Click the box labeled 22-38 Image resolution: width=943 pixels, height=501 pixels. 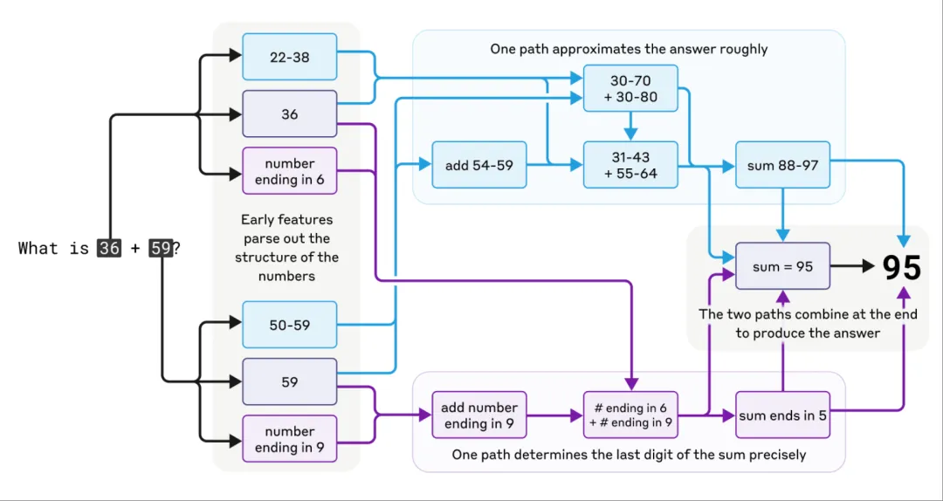pyautogui.click(x=289, y=57)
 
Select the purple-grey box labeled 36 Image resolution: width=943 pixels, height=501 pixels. pyautogui.click(x=289, y=114)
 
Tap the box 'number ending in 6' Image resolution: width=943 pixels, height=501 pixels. pyautogui.click(x=289, y=171)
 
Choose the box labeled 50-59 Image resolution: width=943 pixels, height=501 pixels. pyautogui.click(x=289, y=325)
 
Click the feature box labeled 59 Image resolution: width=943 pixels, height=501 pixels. pyautogui.click(x=289, y=382)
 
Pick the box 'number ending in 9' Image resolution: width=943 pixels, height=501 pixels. pyautogui.click(x=289, y=439)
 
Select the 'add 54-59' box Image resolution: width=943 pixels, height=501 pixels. pyautogui.click(x=479, y=165)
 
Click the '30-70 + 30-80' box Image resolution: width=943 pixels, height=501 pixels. pyautogui.click(x=630, y=88)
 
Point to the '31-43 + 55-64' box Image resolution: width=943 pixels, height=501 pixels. pyautogui.click(x=630, y=165)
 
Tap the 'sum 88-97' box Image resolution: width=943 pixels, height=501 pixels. pyautogui.click(x=782, y=165)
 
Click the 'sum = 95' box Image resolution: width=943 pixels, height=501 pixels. pyautogui.click(x=782, y=266)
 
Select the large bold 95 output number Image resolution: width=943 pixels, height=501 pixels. pyautogui.click(x=901, y=268)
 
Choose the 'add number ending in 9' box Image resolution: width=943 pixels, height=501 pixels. pyautogui.click(x=479, y=415)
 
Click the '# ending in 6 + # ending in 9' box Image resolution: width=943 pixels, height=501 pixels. pyautogui.click(x=630, y=415)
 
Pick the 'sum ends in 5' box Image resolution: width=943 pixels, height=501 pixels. pyautogui.click(x=782, y=415)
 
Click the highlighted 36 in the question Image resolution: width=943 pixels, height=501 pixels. pyautogui.click(x=109, y=248)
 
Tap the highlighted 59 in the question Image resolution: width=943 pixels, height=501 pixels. pyautogui.click(x=161, y=248)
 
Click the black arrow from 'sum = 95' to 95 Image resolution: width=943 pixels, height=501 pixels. pyautogui.click(x=852, y=266)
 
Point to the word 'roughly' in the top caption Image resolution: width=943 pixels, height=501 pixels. pyautogui.click(x=746, y=50)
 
